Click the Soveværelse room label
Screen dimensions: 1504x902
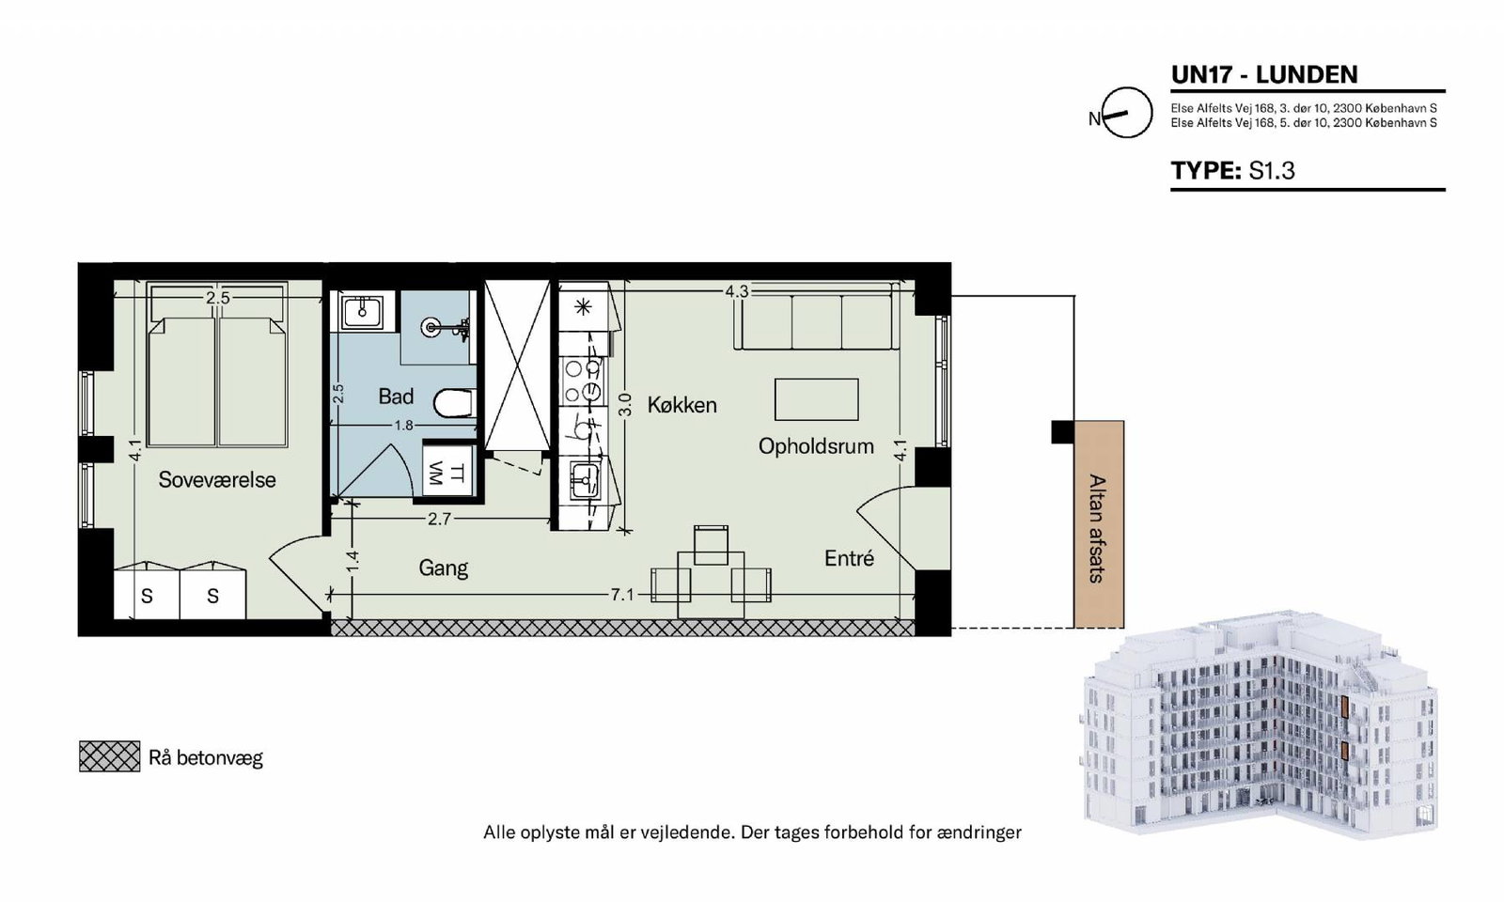217,480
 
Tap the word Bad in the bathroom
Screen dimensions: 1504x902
396,397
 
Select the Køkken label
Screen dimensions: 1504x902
682,405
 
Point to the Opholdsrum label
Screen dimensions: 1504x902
816,446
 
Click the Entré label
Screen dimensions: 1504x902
850,558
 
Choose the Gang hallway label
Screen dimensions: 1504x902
443,568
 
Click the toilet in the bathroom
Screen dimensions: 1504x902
454,404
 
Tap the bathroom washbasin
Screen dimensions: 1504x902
362,311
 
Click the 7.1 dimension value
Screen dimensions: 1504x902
621,595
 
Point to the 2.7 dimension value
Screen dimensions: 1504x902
439,519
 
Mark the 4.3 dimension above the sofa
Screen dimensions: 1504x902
736,292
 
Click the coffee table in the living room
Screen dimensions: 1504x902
817,399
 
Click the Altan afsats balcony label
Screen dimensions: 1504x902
1096,529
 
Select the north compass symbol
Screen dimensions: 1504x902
1127,113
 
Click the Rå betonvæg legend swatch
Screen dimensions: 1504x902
109,756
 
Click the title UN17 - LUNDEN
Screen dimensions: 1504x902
1264,74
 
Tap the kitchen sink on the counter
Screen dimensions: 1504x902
585,480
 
